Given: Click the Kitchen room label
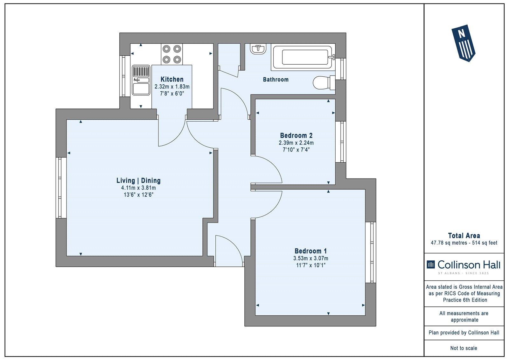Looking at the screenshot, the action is (172, 79).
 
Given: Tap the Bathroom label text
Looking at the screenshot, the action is (275, 80).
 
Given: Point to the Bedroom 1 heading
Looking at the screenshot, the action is (310, 251).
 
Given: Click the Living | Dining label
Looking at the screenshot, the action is (138, 180).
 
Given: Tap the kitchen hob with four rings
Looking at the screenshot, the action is (172, 54).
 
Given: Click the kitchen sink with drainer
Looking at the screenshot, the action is (141, 80).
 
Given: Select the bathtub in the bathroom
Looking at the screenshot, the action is (303, 57).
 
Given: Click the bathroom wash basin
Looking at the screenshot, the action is (258, 49).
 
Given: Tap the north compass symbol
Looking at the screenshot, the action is (463, 43).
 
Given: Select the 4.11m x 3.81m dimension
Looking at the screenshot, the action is (138, 188).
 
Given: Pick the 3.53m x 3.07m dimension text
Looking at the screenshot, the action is (310, 258).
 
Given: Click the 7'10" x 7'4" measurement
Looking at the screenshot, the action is (296, 150).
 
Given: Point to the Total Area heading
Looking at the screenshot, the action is (464, 236).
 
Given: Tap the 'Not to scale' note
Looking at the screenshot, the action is (464, 348).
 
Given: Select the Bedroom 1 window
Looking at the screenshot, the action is (371, 252).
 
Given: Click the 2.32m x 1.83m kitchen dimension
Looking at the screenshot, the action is (172, 87).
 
